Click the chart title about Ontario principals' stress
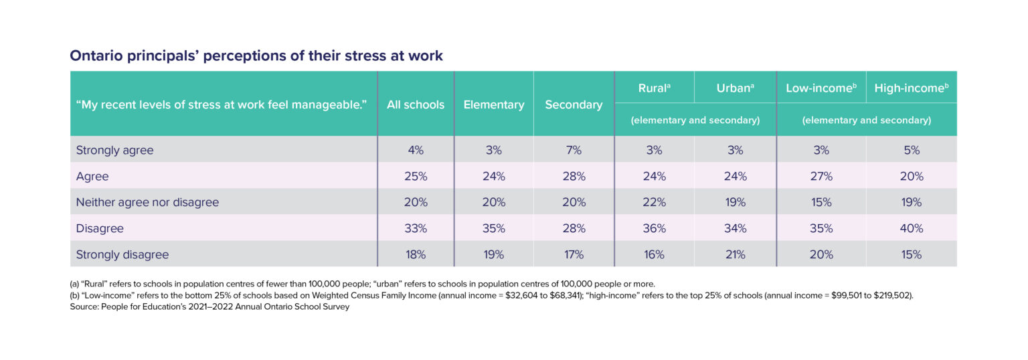click(256, 56)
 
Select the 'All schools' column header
click(416, 104)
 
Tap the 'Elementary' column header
click(494, 104)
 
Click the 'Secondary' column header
click(574, 104)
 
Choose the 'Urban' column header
click(735, 88)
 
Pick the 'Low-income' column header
click(821, 88)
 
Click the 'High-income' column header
click(911, 88)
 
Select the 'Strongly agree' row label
click(115, 151)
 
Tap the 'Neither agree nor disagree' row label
click(147, 202)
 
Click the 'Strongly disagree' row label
click(122, 254)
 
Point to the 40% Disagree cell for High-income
click(911, 228)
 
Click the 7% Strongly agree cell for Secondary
click(574, 151)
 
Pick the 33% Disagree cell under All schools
click(416, 228)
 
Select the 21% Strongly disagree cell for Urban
click(735, 254)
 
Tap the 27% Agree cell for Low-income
click(821, 177)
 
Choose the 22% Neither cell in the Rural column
click(654, 202)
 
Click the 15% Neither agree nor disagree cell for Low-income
click(821, 202)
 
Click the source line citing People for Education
click(209, 307)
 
